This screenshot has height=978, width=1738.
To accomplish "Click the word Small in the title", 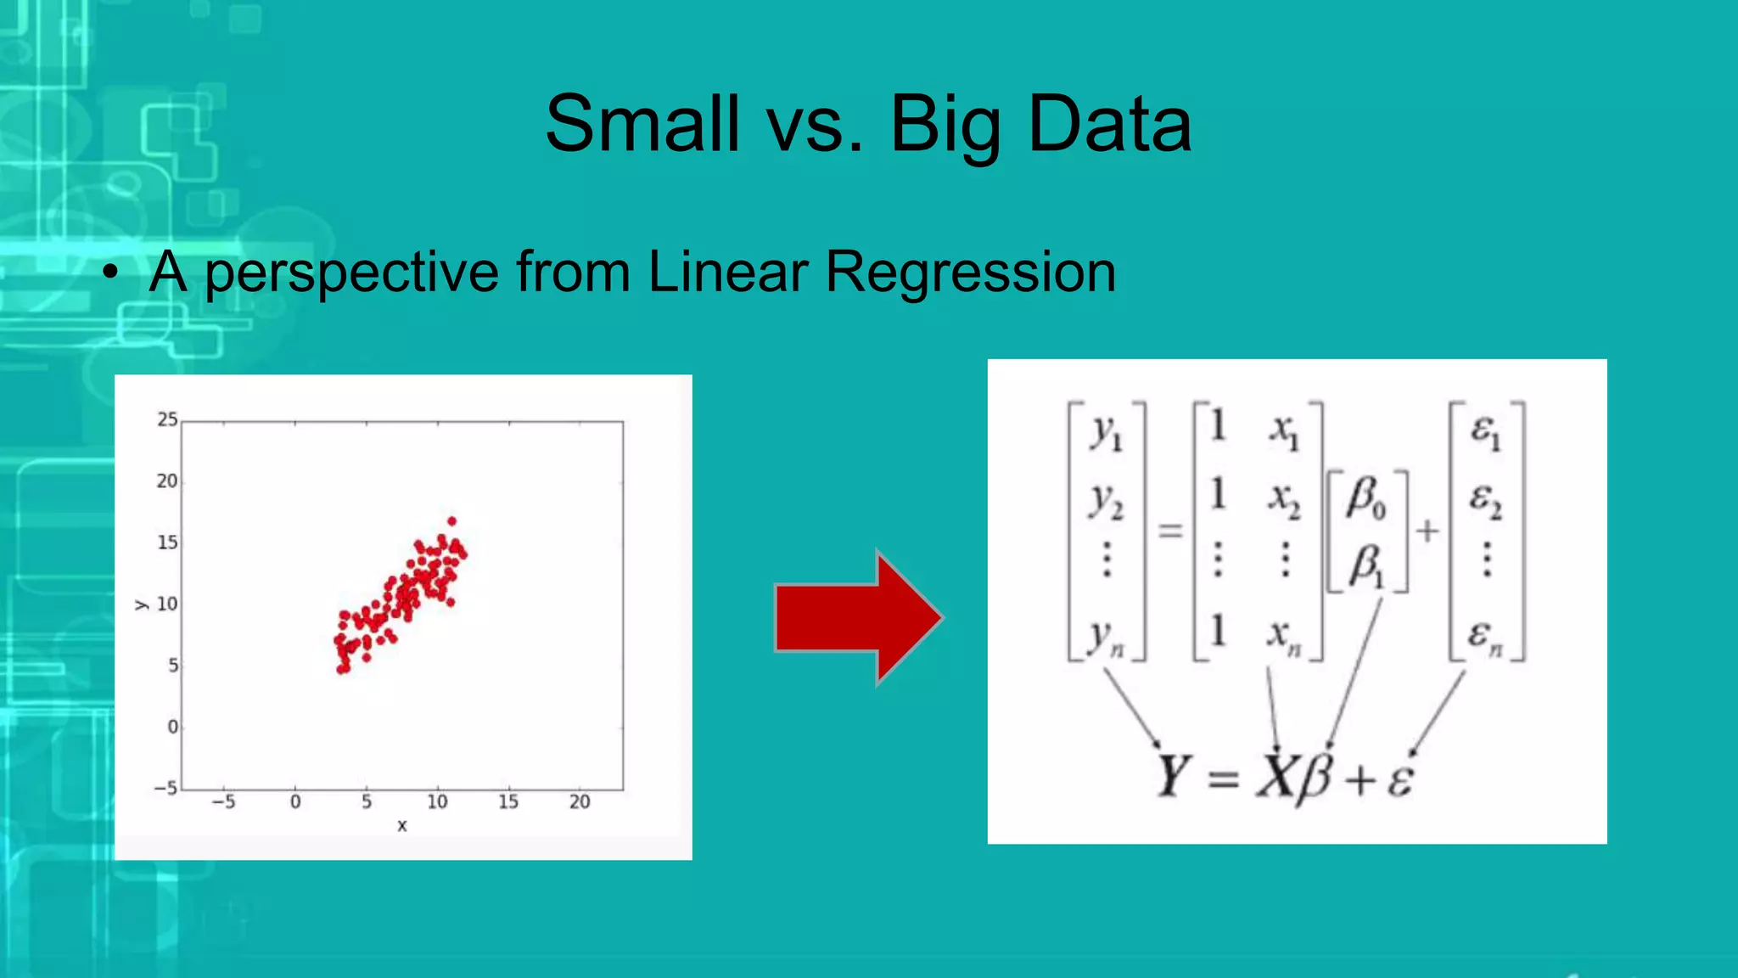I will pos(642,124).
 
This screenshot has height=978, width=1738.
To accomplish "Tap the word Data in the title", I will pos(1109,124).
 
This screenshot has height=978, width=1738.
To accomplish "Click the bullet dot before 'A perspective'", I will pos(109,273).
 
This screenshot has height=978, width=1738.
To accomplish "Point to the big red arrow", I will pos(857,617).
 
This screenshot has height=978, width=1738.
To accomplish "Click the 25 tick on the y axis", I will pos(167,419).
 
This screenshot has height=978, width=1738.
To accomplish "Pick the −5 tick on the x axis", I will pos(223,802).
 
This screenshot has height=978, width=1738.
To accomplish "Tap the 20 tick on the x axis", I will pos(580,802).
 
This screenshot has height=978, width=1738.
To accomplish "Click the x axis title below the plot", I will pos(402,825).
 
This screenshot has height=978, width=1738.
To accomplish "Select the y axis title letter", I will pos(141,604).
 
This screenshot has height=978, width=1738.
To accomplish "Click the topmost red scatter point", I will pos(451,521).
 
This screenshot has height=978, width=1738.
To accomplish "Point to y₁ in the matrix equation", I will pos(1107,432).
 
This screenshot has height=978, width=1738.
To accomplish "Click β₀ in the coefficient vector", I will pos(1365,498).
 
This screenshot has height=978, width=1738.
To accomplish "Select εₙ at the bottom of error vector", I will pos(1485,637).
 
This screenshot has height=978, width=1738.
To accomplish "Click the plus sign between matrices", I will pos(1427,531).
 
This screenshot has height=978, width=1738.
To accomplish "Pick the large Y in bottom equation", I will pos(1173,776).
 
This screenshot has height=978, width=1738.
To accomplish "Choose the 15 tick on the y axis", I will pos(167,542).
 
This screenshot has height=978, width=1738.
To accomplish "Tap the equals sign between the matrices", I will pos(1170,531).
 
